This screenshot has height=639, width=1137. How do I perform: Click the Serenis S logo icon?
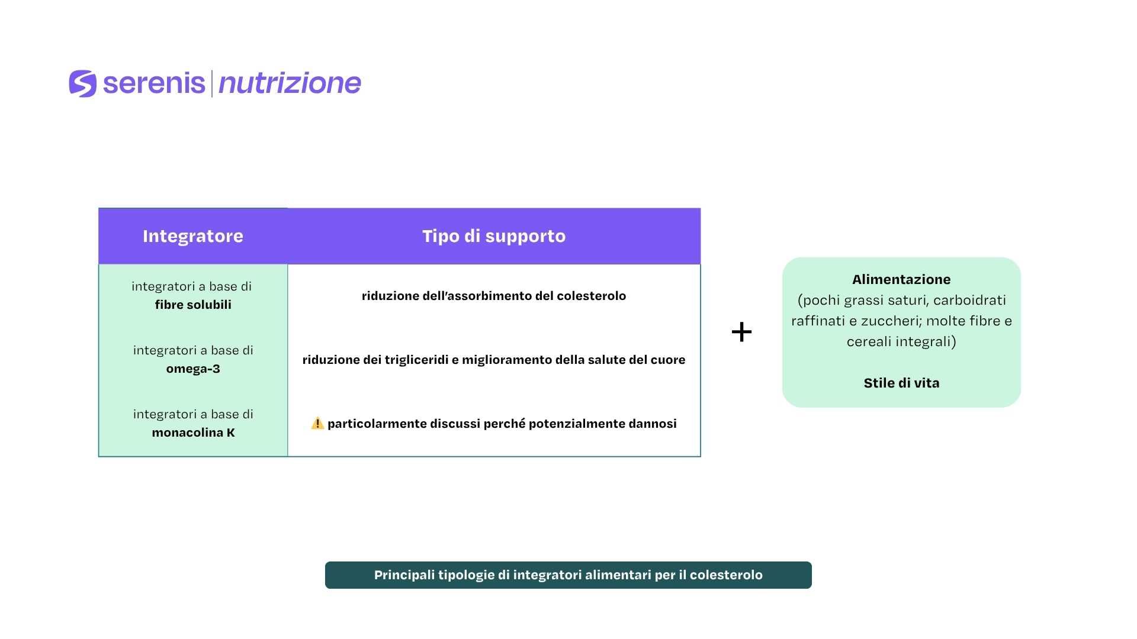tap(83, 83)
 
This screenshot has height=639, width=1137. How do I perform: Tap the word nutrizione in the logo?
tap(290, 83)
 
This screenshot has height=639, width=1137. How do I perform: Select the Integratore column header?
tap(193, 236)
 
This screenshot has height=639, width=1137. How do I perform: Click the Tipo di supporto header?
tap(494, 236)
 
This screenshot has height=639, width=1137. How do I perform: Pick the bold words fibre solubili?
tap(193, 305)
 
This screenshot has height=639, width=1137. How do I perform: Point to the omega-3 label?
tap(193, 369)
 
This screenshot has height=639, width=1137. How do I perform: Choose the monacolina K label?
tap(193, 433)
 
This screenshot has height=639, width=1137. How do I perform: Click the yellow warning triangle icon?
tap(317, 423)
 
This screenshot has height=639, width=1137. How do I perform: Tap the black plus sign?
tap(741, 332)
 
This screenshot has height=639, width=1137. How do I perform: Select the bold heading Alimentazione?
tap(901, 279)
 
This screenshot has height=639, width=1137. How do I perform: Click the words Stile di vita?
tap(901, 383)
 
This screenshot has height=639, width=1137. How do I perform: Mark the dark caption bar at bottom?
tap(568, 575)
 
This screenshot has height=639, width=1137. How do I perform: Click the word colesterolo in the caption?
tap(726, 575)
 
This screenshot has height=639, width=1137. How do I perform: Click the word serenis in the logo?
tap(154, 83)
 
